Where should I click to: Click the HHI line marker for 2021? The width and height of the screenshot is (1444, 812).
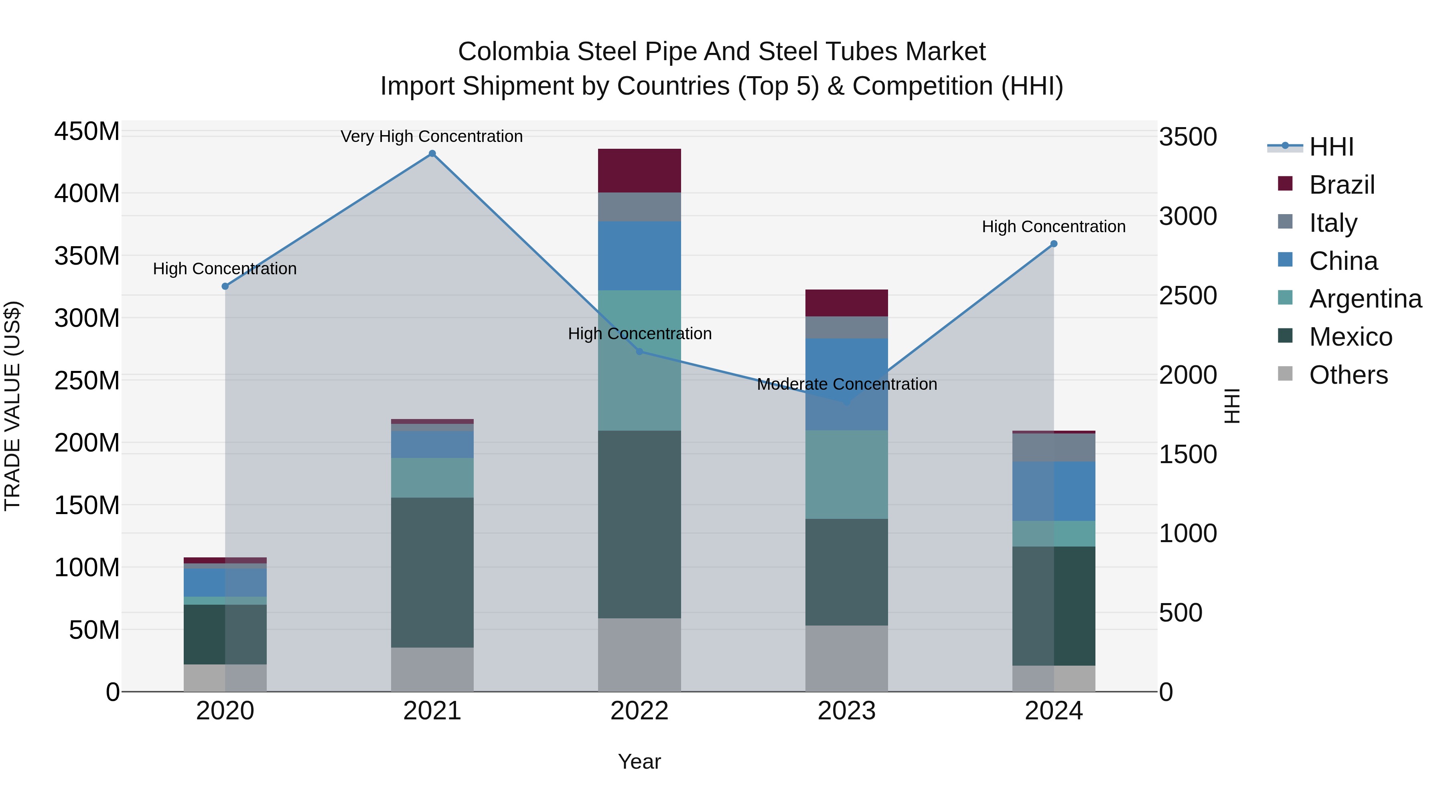(432, 154)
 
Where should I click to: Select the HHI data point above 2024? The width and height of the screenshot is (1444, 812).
(1054, 244)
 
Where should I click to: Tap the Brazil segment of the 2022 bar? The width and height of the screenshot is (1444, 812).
(640, 171)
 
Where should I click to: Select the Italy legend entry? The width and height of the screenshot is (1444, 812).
(1333, 223)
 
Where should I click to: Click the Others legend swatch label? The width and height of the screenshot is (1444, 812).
(1348, 375)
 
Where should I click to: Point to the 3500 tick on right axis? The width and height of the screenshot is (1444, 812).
(1188, 137)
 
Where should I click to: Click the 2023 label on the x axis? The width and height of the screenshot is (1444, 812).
(846, 711)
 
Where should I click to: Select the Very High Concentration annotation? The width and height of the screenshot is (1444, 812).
(432, 136)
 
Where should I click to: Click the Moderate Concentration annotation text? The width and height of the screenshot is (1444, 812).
(846, 385)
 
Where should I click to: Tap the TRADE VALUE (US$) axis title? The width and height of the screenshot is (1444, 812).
(12, 406)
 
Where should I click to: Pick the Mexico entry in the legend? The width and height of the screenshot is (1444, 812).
(1351, 337)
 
